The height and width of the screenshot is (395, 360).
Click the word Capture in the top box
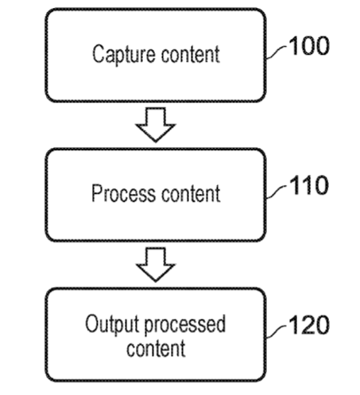tap(124, 55)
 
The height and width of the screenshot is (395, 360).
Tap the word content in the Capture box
tap(191, 54)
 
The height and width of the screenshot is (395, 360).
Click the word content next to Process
tap(191, 194)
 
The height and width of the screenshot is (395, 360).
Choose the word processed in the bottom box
tap(185, 325)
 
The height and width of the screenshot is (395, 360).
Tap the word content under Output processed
tap(156, 348)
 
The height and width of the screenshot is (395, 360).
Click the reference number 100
tap(309, 46)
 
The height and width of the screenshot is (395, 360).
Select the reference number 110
tap(309, 185)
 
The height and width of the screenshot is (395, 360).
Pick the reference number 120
tap(309, 325)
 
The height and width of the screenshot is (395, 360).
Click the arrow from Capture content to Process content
tap(156, 125)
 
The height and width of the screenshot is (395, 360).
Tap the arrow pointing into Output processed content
tap(156, 265)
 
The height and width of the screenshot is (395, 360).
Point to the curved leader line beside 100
tap(277, 52)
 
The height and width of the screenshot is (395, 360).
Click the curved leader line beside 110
tap(277, 192)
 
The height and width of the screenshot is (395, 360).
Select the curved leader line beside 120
tap(277, 331)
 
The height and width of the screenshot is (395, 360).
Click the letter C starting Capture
tap(98, 54)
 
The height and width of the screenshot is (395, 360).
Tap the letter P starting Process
tap(96, 193)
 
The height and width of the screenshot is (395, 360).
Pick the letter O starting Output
tap(91, 323)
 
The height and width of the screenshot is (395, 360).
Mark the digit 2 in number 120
tap(307, 325)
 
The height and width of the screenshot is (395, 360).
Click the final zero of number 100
tap(322, 46)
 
